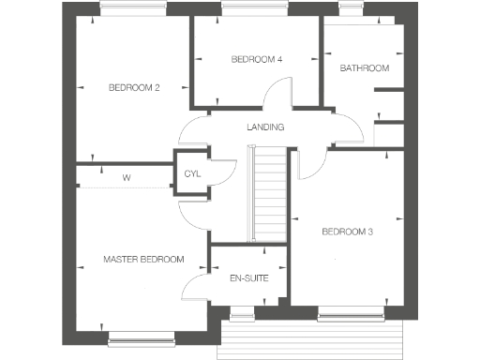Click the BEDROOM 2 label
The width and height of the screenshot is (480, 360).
(135, 87)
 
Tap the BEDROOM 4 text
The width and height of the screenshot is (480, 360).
(257, 59)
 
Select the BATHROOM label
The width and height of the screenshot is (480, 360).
(364, 67)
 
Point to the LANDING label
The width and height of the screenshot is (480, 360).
(266, 127)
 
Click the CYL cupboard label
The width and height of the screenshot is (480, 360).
(192, 174)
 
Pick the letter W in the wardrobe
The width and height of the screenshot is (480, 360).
(126, 177)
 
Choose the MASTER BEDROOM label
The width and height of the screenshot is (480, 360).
(143, 259)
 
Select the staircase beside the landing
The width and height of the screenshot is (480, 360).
(268, 197)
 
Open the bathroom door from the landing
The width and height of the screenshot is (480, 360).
(342, 126)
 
